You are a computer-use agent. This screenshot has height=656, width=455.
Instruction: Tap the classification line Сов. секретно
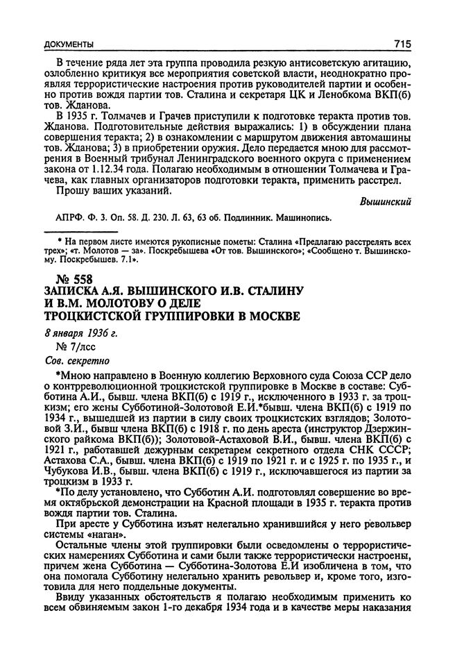[72, 361]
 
